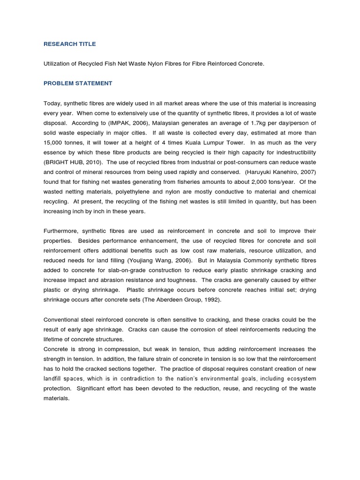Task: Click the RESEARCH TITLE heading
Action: pos(69,44)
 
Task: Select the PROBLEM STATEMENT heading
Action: pos(78,83)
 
